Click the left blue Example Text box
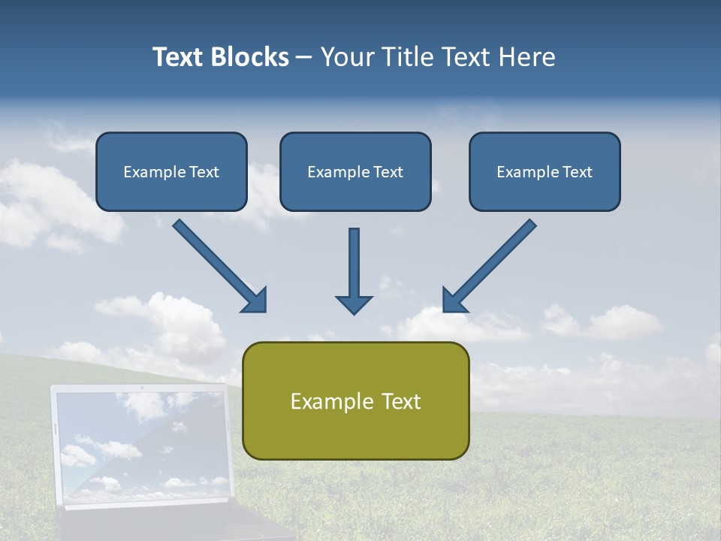[171, 171]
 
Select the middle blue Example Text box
[355, 171]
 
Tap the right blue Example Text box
[545, 171]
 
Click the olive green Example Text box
[355, 400]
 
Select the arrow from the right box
[489, 266]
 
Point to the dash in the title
[303, 57]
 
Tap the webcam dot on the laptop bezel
[141, 388]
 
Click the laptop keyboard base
[173, 526]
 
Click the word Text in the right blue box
[578, 172]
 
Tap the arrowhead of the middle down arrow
[354, 304]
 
